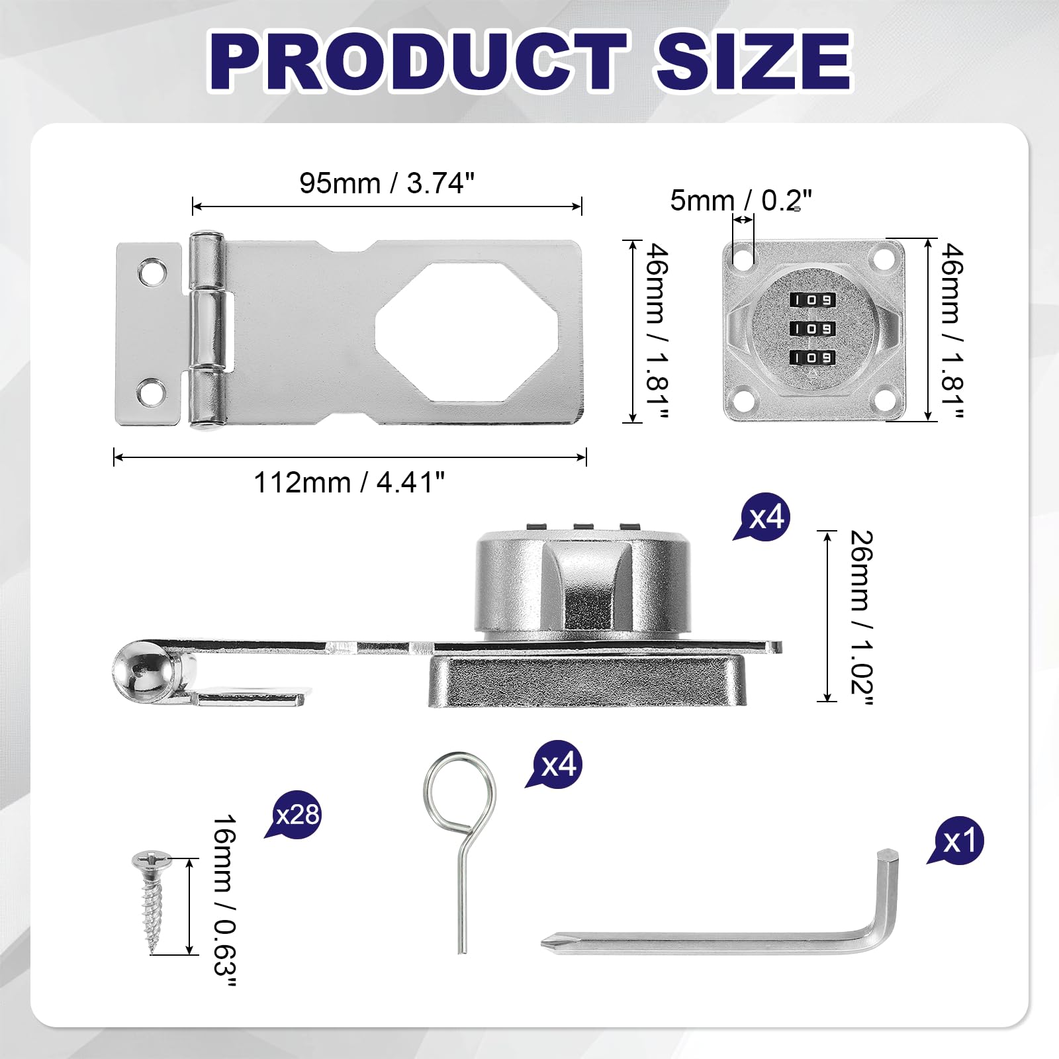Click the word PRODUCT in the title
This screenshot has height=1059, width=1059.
click(x=418, y=60)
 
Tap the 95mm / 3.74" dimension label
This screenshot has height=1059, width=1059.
click(x=387, y=183)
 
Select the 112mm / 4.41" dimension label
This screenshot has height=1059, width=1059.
click(x=349, y=483)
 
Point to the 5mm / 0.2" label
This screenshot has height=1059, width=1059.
click(x=741, y=200)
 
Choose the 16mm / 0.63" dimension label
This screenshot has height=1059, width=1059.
click(x=224, y=899)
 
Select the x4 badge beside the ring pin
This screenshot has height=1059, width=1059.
click(x=555, y=764)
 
